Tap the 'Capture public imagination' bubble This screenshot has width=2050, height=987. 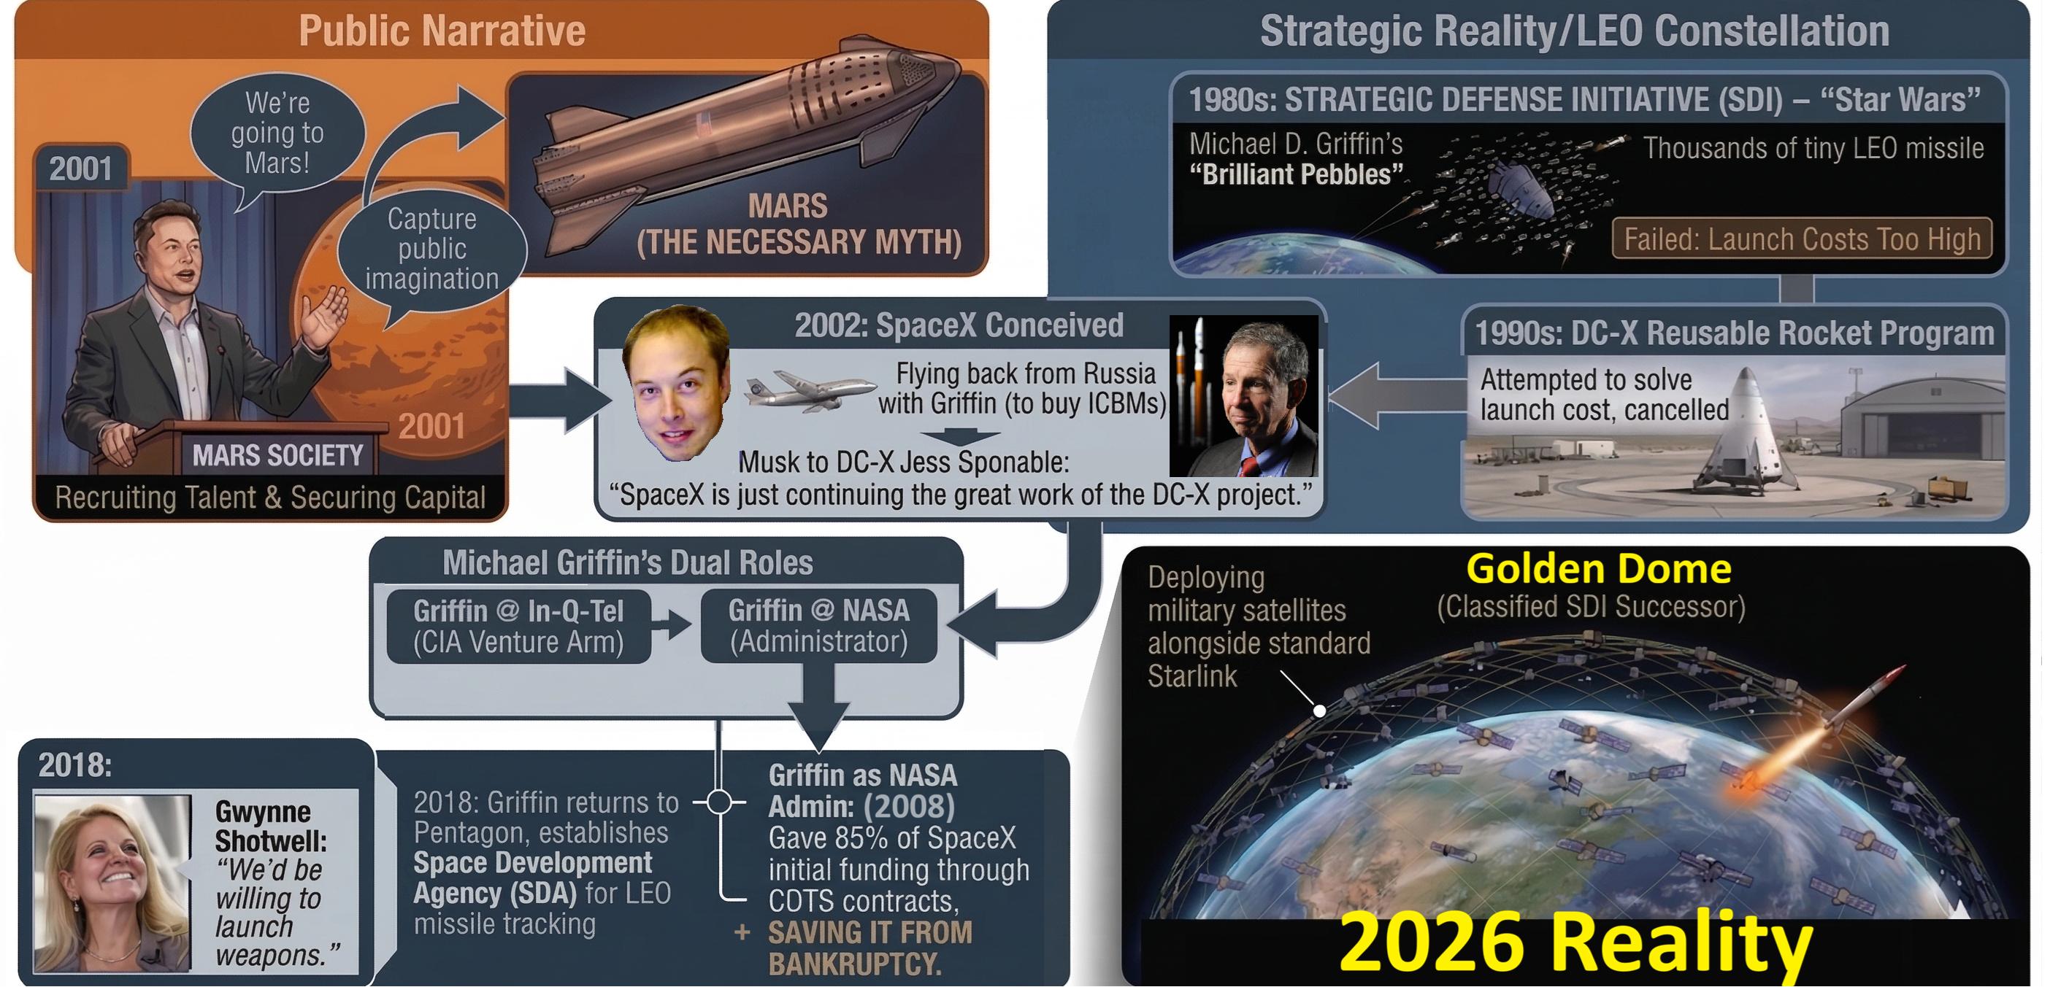(432, 250)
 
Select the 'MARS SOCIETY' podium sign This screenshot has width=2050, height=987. (277, 456)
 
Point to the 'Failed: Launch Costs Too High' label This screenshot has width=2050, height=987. (1802, 239)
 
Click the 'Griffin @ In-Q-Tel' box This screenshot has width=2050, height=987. (519, 626)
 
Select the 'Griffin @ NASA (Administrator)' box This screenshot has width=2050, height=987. (819, 626)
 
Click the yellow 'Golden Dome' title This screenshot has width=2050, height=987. (1598, 570)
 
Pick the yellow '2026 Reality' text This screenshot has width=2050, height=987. (1575, 943)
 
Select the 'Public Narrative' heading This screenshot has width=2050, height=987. (442, 31)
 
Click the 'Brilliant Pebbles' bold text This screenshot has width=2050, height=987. (1297, 174)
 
